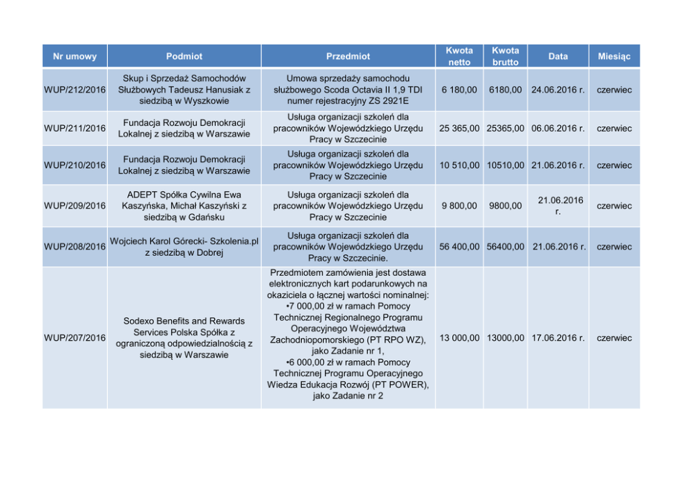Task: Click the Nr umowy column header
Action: (x=74, y=56)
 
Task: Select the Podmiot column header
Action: (x=184, y=56)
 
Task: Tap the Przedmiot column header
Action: (x=348, y=56)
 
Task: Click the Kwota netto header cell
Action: (x=459, y=56)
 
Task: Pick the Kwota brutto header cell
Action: (x=506, y=56)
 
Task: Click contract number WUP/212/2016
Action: (x=74, y=90)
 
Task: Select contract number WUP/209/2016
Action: (x=74, y=206)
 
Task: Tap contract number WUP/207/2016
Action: (x=74, y=338)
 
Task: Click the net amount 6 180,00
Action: (x=459, y=90)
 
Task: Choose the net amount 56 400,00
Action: (x=459, y=247)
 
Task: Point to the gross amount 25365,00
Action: (x=506, y=129)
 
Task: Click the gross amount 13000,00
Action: (x=506, y=338)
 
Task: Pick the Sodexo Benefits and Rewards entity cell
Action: (x=184, y=338)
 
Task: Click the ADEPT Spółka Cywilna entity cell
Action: (x=184, y=206)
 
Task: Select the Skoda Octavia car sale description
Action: (x=348, y=90)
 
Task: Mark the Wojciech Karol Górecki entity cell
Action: (x=184, y=247)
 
